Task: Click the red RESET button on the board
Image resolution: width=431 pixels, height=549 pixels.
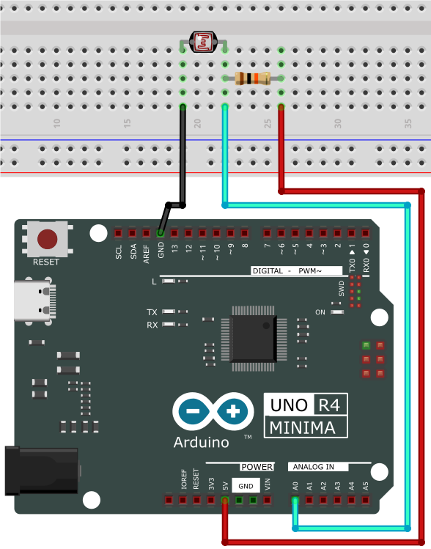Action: tap(47, 239)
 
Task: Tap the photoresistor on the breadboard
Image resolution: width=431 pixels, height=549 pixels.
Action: tap(203, 42)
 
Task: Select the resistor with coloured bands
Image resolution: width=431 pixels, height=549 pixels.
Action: tap(252, 78)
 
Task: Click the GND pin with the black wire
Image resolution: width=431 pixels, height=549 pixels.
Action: tap(161, 233)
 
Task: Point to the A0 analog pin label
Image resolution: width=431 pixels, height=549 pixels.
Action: tap(295, 486)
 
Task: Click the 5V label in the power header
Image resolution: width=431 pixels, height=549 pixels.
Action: tap(226, 486)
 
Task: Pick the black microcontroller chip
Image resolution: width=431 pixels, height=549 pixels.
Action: tap(254, 339)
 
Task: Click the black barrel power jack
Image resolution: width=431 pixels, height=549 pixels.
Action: tap(41, 471)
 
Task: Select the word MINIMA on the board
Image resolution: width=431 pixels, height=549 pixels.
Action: tap(303, 427)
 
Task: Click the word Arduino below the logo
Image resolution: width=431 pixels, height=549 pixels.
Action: tap(202, 442)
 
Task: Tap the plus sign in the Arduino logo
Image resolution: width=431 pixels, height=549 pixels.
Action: tap(233, 411)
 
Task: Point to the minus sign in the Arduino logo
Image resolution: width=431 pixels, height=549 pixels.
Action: tap(193, 411)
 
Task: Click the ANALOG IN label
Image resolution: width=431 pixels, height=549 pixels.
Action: tap(314, 467)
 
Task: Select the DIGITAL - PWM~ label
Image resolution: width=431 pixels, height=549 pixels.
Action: tap(287, 270)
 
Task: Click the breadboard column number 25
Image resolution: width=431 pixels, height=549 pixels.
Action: tap(268, 124)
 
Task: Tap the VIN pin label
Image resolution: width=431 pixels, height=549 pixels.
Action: tap(268, 484)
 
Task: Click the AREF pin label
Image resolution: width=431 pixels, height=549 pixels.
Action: tap(147, 254)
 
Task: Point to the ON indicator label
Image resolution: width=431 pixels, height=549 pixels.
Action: tap(320, 312)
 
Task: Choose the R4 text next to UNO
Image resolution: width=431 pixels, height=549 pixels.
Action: tap(329, 405)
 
